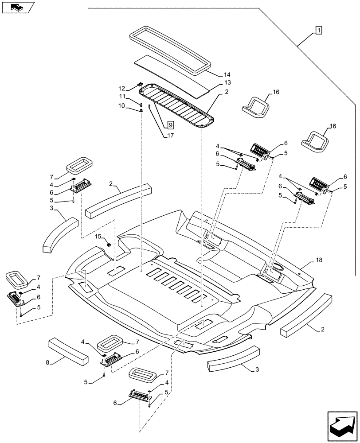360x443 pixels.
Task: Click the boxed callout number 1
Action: pyautogui.click(x=318, y=30)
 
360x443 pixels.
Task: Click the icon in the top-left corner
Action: pyautogui.click(x=18, y=7)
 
